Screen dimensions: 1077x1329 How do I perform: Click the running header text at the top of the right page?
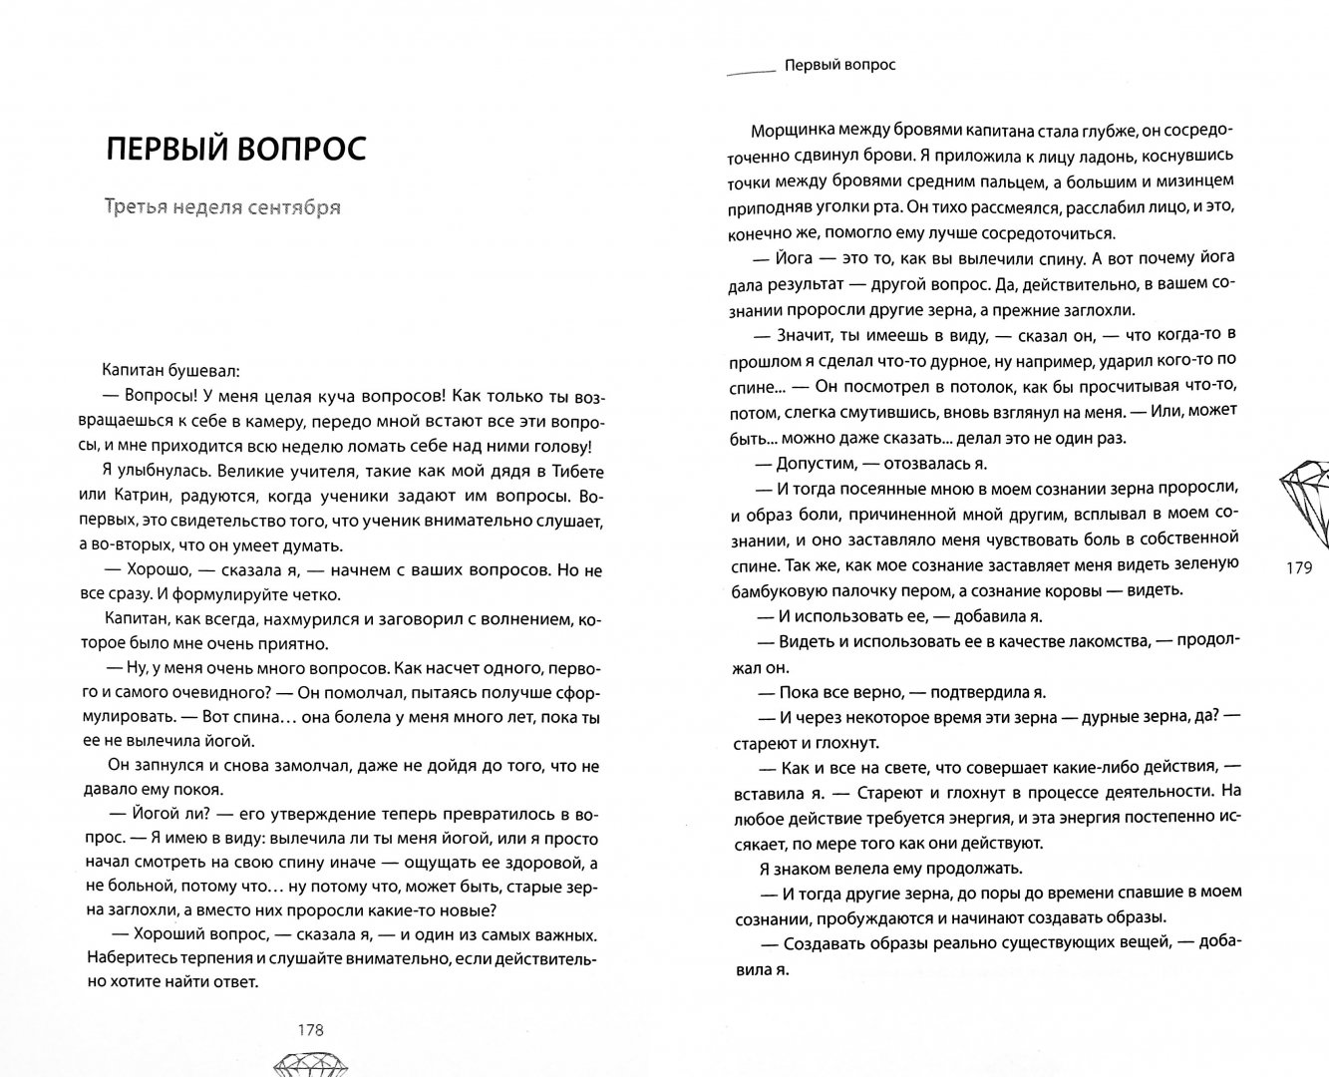pos(839,65)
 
